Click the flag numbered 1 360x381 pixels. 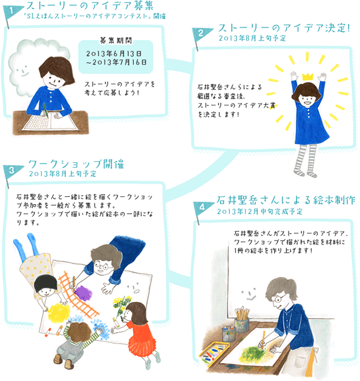pyautogui.click(x=12, y=12)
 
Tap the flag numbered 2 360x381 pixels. pyautogui.click(x=200, y=34)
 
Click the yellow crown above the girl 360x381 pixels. pyautogui.click(x=307, y=76)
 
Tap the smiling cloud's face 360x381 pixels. pyautogui.click(x=22, y=70)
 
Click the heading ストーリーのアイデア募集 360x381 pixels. pyautogui.click(x=90, y=6)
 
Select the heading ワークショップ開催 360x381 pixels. pyautogui.click(x=76, y=164)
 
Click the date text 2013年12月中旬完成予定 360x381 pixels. pyautogui.click(x=260, y=211)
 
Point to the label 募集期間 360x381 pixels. pyautogui.click(x=116, y=41)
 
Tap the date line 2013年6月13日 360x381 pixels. pyautogui.click(x=114, y=53)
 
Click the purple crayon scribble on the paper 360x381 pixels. pyautogui.click(x=83, y=293)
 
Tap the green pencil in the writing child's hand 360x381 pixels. pyautogui.click(x=45, y=111)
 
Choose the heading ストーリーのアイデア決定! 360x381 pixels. pyautogui.click(x=284, y=28)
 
